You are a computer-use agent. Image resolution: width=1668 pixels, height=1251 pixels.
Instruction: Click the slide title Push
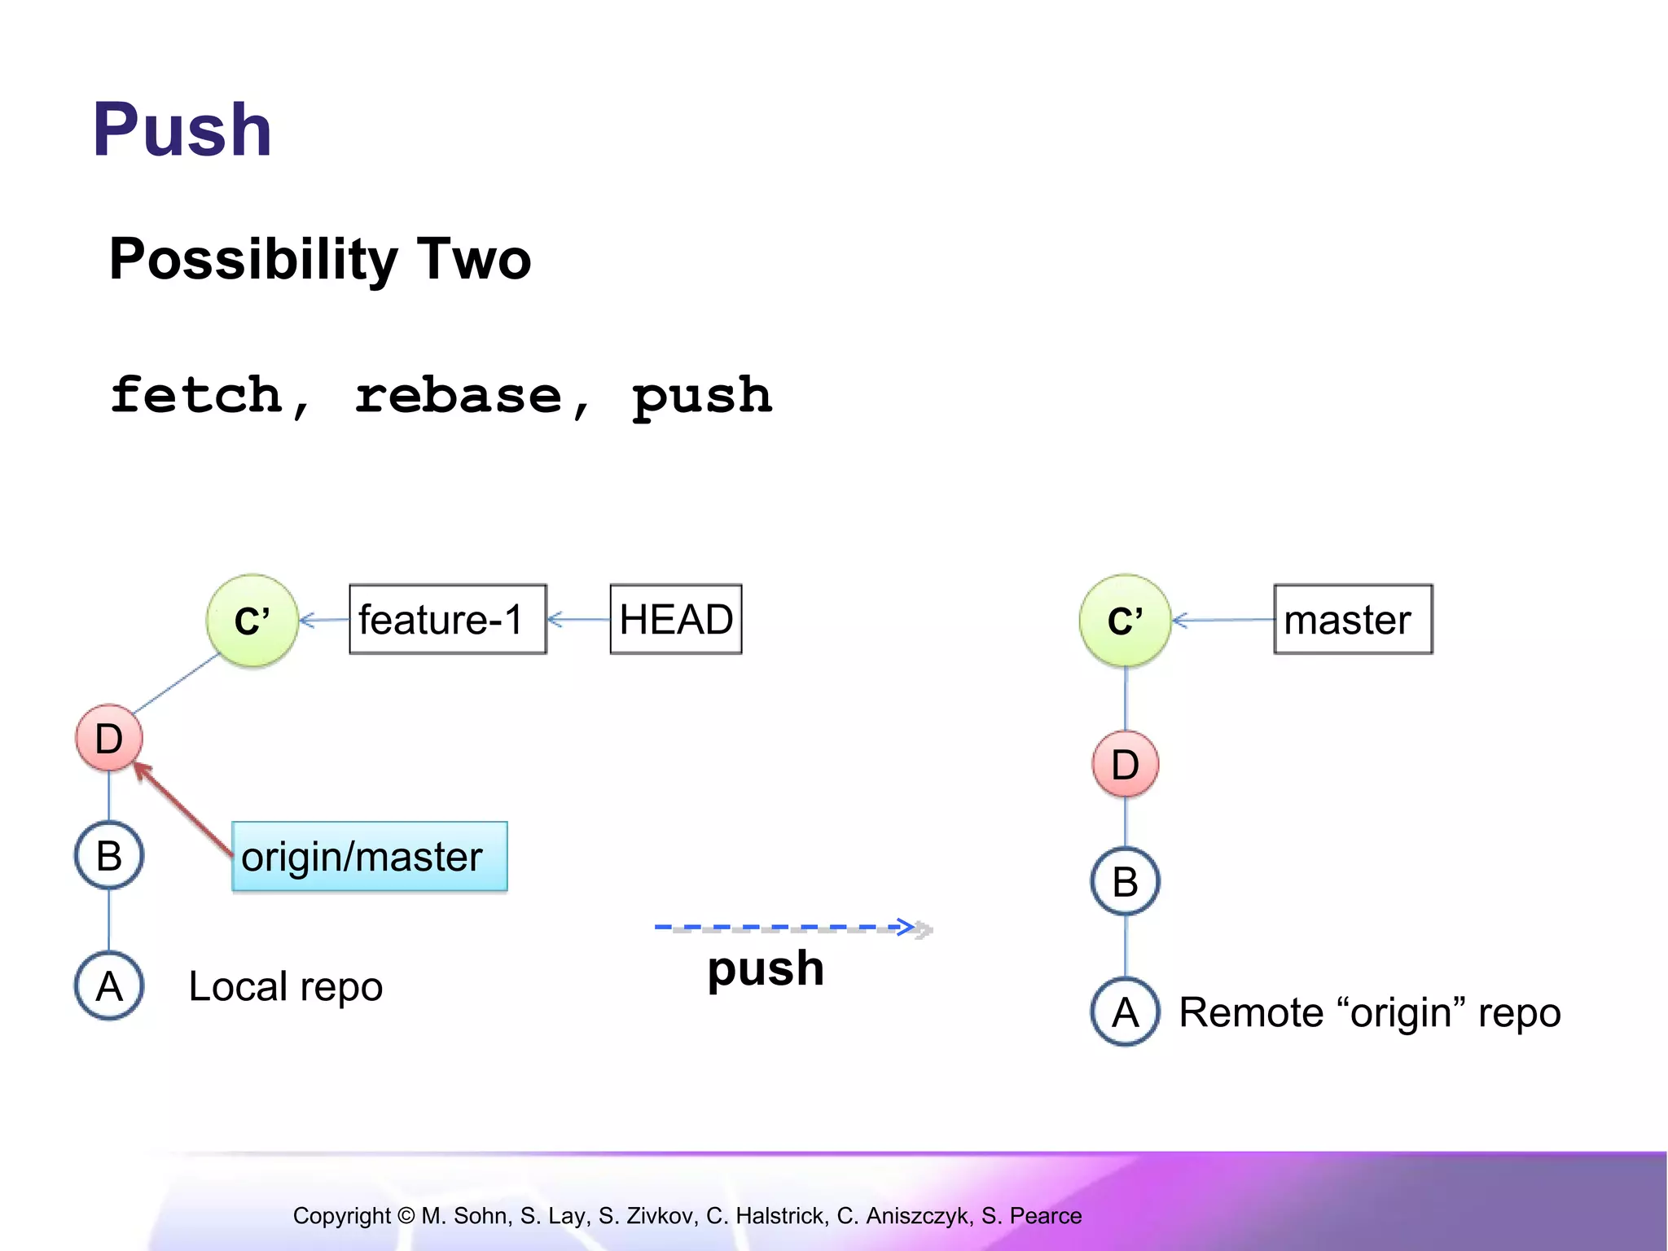182,130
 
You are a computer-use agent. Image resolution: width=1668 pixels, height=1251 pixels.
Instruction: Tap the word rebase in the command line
459,397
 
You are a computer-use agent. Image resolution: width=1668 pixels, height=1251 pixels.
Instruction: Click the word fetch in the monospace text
197,396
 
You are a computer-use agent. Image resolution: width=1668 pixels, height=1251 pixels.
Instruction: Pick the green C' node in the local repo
252,621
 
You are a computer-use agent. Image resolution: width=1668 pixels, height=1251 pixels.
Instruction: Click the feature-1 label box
448,620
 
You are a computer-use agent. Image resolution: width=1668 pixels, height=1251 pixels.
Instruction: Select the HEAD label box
676,620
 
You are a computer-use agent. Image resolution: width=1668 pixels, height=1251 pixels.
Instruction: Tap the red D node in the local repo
109,738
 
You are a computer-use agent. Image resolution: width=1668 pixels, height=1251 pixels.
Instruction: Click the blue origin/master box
370,857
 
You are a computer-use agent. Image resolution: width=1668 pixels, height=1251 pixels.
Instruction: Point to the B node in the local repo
109,855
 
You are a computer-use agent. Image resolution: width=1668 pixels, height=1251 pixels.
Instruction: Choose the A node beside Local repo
109,986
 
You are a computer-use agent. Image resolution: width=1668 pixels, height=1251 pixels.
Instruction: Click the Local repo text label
285,986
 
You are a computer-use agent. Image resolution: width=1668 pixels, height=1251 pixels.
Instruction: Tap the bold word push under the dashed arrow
766,969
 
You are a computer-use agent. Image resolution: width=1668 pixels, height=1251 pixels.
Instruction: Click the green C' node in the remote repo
1126,621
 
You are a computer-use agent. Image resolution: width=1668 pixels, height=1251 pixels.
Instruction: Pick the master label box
1353,620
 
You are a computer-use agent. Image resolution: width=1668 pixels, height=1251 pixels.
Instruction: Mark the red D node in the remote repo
1126,764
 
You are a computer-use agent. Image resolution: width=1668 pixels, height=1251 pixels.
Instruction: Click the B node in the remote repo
1126,881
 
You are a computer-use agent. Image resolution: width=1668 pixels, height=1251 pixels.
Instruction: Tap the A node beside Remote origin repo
1126,1012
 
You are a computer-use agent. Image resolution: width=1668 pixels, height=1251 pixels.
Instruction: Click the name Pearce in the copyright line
1046,1216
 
